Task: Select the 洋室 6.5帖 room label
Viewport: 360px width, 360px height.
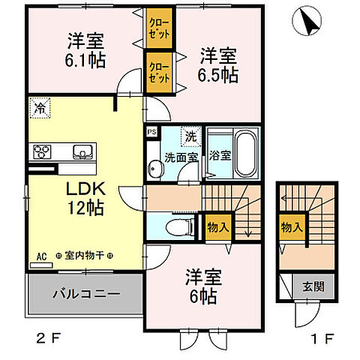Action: point(217,65)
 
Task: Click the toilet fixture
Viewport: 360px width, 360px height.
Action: point(173,224)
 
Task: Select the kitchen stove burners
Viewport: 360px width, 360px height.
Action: point(42,151)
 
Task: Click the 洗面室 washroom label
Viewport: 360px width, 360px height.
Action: point(181,158)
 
